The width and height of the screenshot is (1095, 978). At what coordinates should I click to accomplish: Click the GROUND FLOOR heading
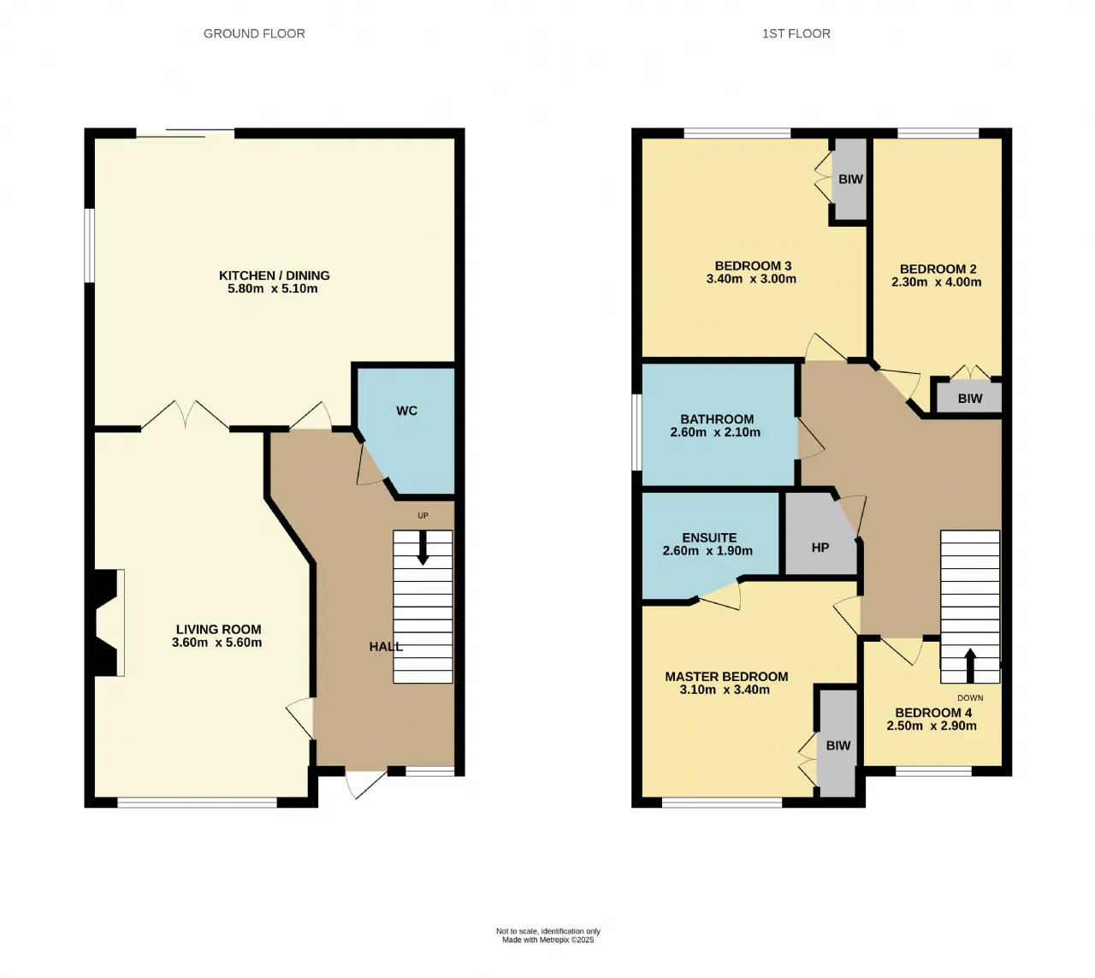point(254,33)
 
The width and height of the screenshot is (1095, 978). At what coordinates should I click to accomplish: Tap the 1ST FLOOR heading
point(796,33)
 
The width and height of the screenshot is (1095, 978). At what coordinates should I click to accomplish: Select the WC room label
point(406,411)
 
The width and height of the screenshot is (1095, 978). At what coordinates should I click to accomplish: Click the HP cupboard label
point(820,548)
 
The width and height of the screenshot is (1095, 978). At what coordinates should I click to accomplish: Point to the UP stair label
point(423,516)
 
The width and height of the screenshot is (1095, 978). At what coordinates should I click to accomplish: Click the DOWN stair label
point(970,698)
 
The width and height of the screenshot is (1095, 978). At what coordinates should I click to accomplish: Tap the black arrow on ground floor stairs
point(423,548)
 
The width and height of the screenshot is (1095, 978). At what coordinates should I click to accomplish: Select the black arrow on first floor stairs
point(970,665)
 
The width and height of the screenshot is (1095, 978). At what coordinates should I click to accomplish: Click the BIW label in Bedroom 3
point(850,179)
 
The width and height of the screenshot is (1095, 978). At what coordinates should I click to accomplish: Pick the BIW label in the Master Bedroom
point(838,745)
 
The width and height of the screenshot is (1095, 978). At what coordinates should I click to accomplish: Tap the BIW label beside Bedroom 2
point(970,399)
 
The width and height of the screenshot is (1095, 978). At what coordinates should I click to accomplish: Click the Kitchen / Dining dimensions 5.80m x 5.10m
point(272,288)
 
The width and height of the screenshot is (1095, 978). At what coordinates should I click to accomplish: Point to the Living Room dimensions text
point(216,643)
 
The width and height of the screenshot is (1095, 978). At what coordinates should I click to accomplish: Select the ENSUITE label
point(709,538)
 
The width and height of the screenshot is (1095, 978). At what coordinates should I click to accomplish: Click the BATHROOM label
point(717,419)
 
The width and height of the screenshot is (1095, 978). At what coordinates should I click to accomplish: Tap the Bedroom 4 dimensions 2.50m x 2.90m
point(932,726)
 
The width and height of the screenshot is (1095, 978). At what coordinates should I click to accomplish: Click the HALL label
point(386,647)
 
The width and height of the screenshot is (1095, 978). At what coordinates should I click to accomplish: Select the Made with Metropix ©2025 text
point(548,939)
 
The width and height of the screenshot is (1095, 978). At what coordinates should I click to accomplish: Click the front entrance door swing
point(365,785)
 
